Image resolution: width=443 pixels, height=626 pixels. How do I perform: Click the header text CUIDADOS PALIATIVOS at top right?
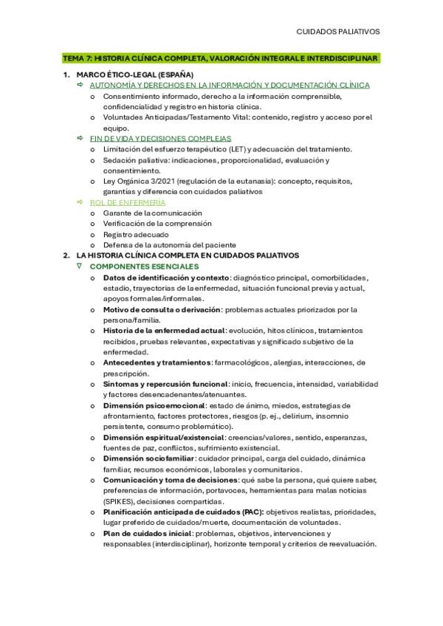(x=338, y=32)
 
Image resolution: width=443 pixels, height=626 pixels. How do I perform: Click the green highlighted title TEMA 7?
(x=220, y=58)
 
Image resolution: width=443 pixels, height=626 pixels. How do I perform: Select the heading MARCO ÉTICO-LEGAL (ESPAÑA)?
(x=135, y=75)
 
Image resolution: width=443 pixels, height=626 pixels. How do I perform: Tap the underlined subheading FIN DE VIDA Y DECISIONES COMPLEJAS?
(x=161, y=138)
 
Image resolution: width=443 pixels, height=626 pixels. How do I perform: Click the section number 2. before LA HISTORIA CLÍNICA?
(x=66, y=255)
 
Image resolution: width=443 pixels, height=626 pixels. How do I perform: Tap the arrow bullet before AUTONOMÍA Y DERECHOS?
(x=80, y=85)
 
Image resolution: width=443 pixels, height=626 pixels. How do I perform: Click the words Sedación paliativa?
(x=133, y=159)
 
